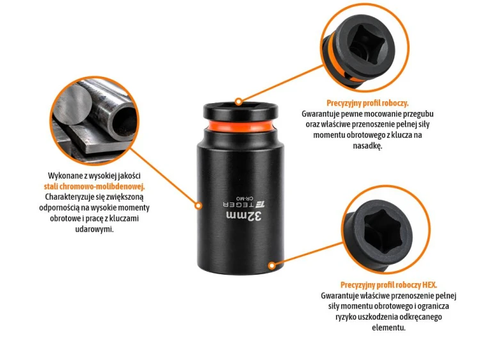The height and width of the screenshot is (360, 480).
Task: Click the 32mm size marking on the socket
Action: click(244, 216)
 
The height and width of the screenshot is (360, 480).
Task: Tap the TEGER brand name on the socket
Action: click(244, 204)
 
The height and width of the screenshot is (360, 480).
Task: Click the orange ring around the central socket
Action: click(241, 126)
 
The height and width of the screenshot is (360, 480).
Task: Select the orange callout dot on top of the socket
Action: click(239, 101)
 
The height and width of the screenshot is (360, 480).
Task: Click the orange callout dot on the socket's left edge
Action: click(198, 206)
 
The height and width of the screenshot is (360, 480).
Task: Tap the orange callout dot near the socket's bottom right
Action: click(271, 266)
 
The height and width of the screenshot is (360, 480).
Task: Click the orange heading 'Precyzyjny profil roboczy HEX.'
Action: click(388, 285)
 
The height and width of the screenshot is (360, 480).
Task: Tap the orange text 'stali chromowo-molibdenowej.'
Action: click(94, 186)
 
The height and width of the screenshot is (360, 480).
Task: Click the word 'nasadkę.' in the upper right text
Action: click(367, 146)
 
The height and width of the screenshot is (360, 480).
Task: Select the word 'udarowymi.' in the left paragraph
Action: click(94, 229)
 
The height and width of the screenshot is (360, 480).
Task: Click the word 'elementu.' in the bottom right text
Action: click(388, 327)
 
